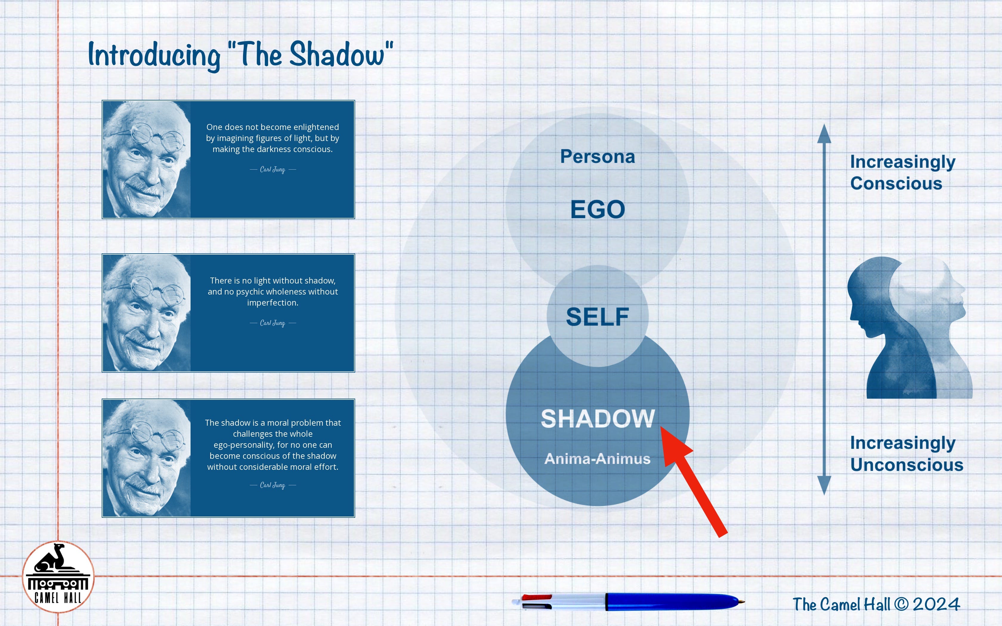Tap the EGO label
[x=598, y=209]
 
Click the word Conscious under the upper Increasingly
[x=896, y=183]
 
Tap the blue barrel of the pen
[x=671, y=602]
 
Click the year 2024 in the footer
[x=936, y=604]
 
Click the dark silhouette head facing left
[x=870, y=298]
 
